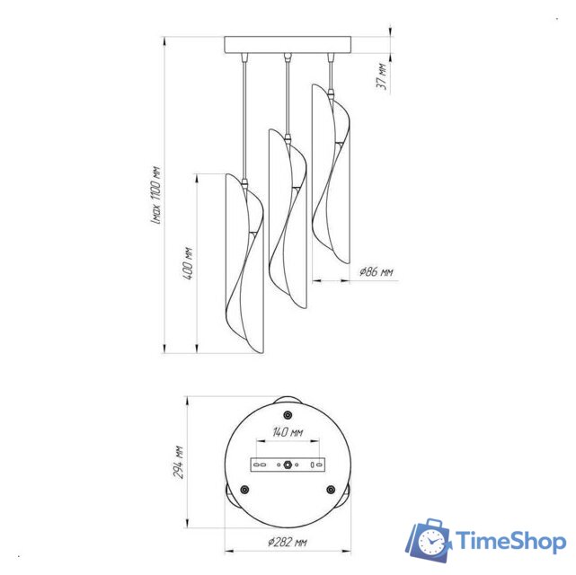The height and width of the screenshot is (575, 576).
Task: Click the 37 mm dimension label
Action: tap(382, 76)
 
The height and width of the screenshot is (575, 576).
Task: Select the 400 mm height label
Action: tap(188, 263)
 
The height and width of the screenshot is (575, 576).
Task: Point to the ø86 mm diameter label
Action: tap(376, 272)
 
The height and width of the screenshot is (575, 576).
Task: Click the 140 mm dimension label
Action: tap(288, 432)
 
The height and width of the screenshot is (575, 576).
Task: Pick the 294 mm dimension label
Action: tap(178, 462)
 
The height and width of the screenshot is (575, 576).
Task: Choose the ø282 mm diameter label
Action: tap(287, 542)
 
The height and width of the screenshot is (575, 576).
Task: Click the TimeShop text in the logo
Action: tap(510, 541)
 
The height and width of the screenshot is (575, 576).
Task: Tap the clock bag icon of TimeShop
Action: tap(429, 539)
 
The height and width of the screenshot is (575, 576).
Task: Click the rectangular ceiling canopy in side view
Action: tap(288, 45)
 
